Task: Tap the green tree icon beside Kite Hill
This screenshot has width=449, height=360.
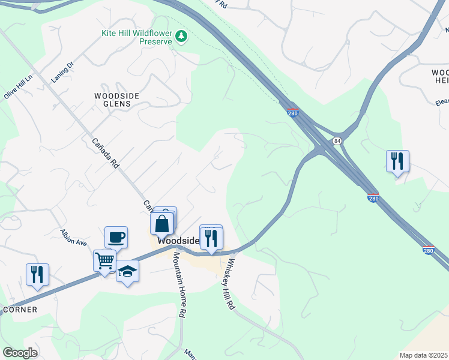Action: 181,37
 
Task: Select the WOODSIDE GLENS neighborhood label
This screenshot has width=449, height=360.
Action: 116,100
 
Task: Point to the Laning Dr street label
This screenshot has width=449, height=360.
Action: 61,72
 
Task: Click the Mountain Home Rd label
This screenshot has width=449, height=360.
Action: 179,284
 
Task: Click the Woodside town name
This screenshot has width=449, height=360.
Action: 178,240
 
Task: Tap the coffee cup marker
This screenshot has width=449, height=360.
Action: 116,236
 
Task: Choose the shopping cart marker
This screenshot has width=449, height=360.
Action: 104,261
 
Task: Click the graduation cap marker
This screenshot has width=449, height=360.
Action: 127,271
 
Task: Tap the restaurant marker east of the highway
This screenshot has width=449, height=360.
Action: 397,161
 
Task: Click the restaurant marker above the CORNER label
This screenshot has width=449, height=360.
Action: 37,274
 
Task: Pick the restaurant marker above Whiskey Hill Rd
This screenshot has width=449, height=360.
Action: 211,238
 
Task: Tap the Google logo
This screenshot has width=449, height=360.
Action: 20,352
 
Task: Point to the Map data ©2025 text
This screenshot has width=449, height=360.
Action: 423,355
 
